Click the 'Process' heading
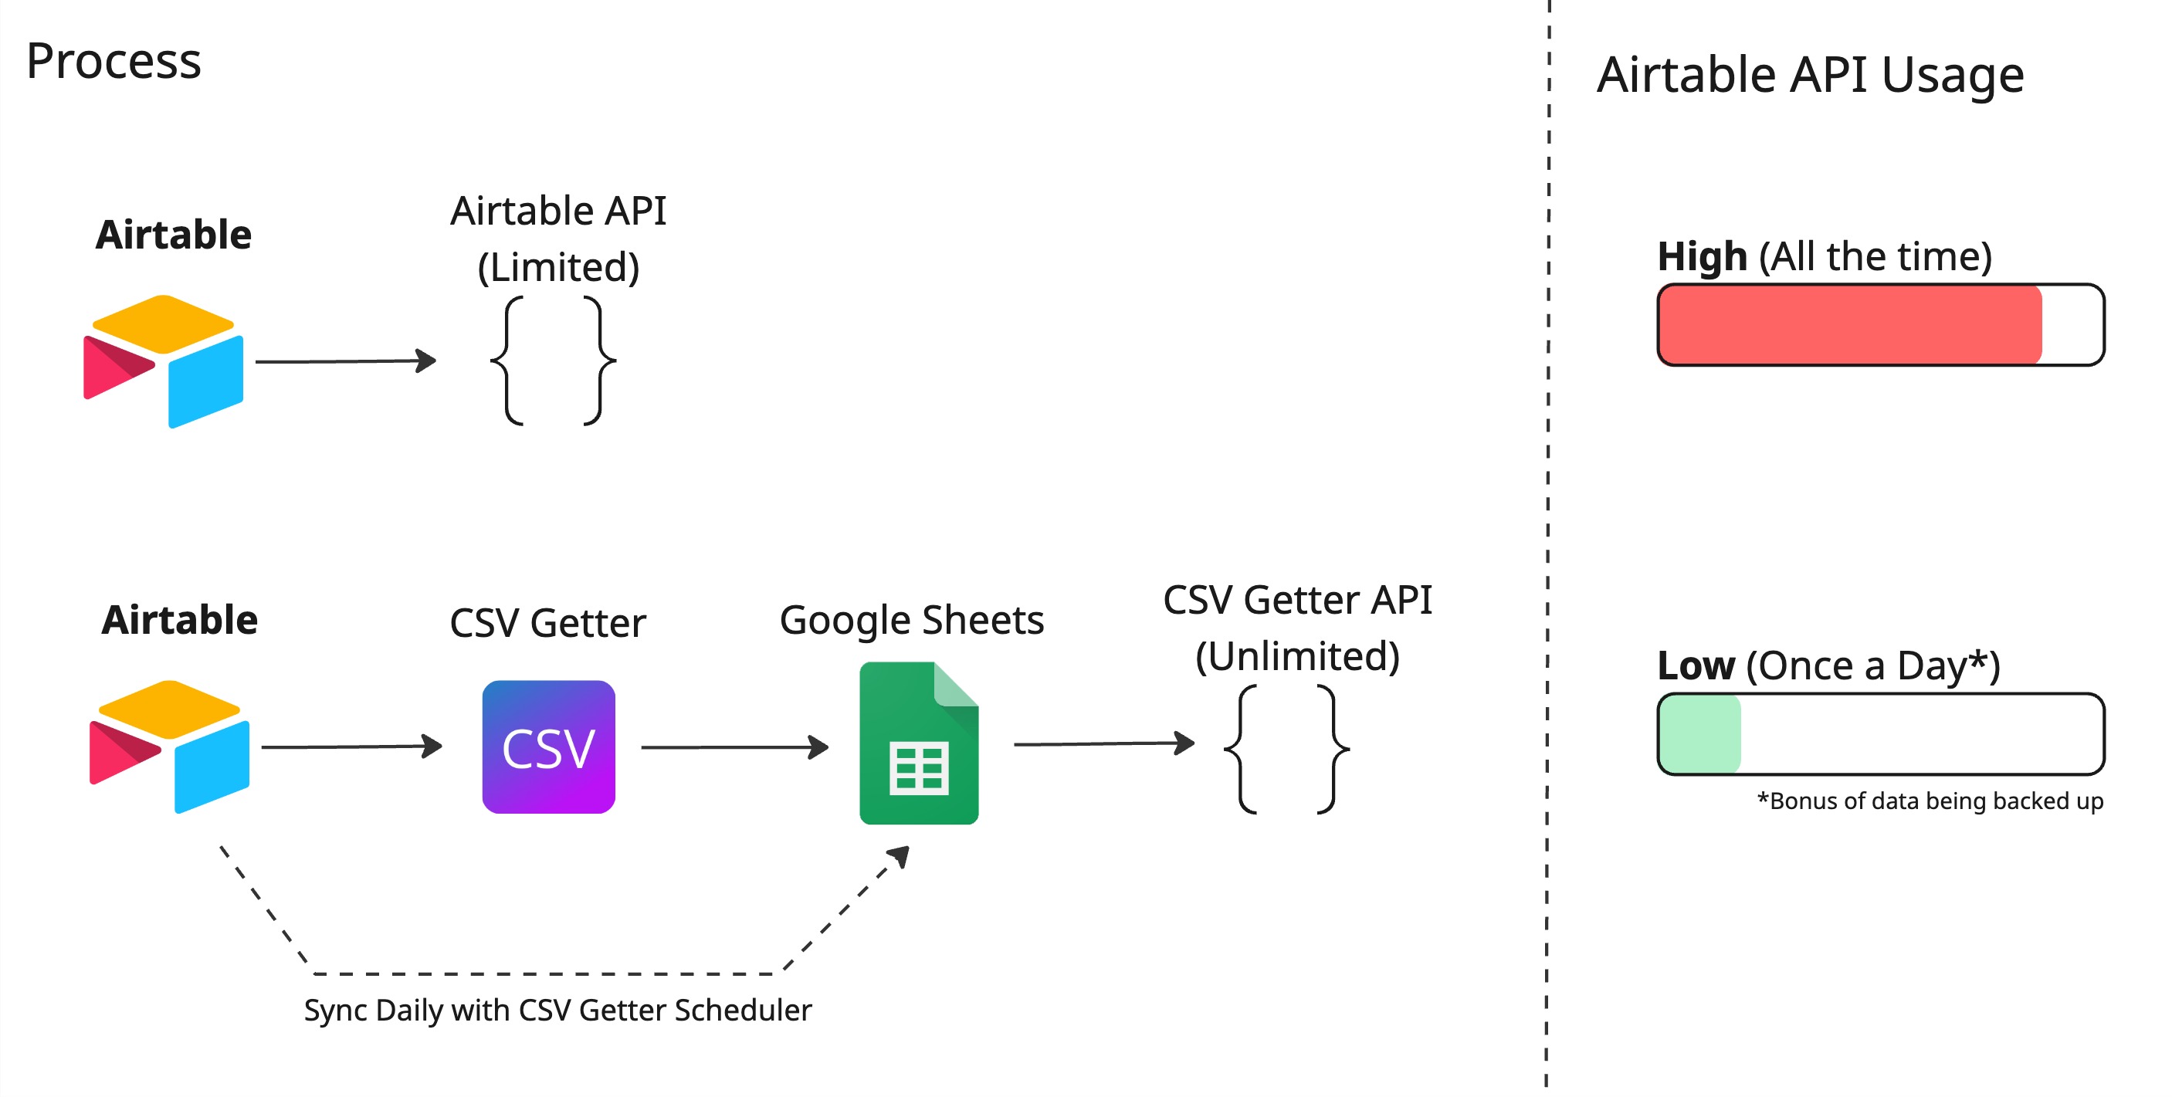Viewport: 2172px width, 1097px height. click(114, 62)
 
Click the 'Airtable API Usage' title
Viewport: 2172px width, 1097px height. click(1809, 75)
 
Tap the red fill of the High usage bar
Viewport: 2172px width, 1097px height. click(1848, 326)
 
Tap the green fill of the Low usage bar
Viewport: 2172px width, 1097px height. click(1699, 733)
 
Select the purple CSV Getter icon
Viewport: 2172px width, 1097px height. click(548, 747)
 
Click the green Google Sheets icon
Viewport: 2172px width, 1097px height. click(918, 743)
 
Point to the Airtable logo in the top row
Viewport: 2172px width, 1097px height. click(164, 361)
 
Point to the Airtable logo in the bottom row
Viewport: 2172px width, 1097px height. click(169, 747)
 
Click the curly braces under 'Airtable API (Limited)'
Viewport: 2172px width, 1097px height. click(553, 361)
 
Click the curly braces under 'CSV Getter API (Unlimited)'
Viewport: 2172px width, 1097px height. click(1286, 749)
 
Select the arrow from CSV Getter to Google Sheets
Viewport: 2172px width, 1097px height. click(734, 747)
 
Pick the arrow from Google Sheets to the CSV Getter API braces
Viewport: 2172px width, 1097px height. click(1103, 743)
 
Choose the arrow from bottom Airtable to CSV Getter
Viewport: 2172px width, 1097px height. click(351, 747)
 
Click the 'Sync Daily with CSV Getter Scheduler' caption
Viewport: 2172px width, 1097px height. click(557, 1009)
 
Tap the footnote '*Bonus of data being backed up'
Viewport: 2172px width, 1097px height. click(1930, 801)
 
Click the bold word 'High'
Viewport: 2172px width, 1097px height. click(1702, 256)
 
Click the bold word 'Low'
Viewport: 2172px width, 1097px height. click(1696, 666)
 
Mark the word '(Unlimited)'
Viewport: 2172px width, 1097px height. click(1297, 656)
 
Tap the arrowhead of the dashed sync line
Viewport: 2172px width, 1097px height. click(901, 855)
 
